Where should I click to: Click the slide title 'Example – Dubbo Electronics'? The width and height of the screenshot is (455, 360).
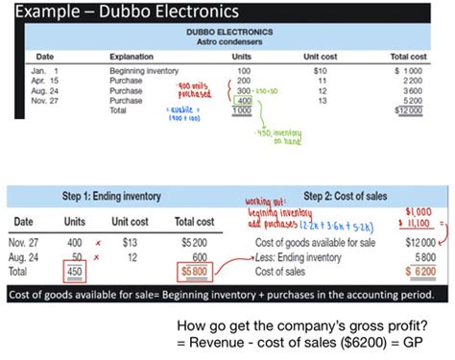pos(114,12)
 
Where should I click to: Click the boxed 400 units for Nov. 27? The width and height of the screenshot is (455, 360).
pos(243,100)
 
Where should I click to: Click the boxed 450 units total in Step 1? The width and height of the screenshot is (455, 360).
pos(74,271)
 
